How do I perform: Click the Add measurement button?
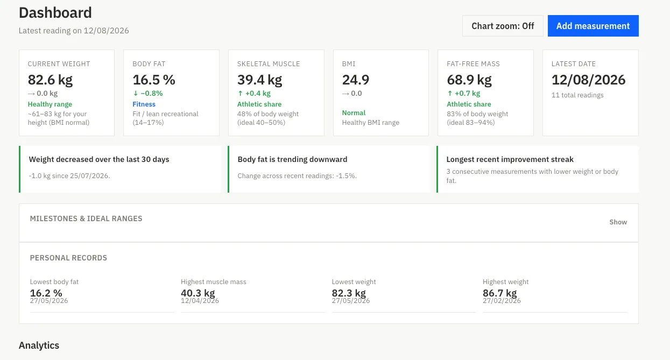(x=593, y=26)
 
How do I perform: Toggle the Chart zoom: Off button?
(x=503, y=26)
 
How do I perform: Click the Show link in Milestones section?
(x=618, y=222)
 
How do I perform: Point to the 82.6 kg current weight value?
(x=50, y=80)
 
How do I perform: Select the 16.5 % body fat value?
(x=154, y=80)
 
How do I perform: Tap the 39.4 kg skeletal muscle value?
(x=259, y=80)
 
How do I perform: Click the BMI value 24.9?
(x=356, y=80)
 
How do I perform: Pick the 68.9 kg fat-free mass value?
(x=469, y=80)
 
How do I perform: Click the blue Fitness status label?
(x=144, y=104)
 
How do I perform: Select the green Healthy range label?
(x=50, y=104)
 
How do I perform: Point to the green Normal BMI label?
(x=354, y=112)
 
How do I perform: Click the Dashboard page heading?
(x=55, y=12)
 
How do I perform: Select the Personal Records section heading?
(x=68, y=258)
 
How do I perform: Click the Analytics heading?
(x=39, y=345)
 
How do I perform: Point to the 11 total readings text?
(x=577, y=95)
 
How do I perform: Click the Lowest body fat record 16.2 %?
(x=46, y=293)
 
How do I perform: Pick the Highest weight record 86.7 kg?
(x=500, y=293)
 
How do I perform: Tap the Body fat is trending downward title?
(x=292, y=159)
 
